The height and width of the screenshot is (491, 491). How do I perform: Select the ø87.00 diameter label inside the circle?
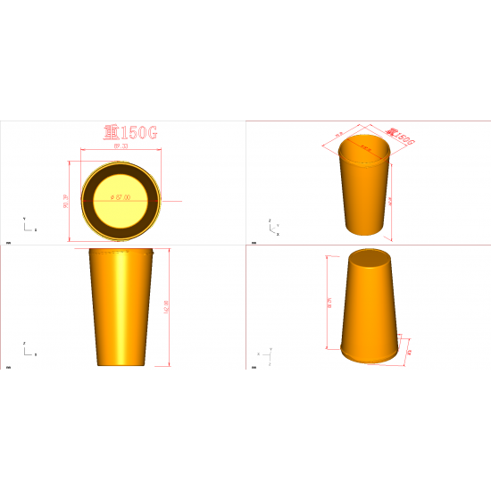tap(120, 196)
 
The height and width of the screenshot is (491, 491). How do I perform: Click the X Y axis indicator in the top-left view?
tap(29, 224)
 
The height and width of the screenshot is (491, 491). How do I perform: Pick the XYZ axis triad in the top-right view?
tap(273, 224)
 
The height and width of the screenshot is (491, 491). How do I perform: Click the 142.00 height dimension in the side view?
tap(167, 306)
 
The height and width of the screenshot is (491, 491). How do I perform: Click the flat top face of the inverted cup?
tap(367, 261)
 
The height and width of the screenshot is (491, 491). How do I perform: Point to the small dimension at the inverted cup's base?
tap(408, 351)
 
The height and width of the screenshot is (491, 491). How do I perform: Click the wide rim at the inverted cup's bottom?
tap(369, 358)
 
